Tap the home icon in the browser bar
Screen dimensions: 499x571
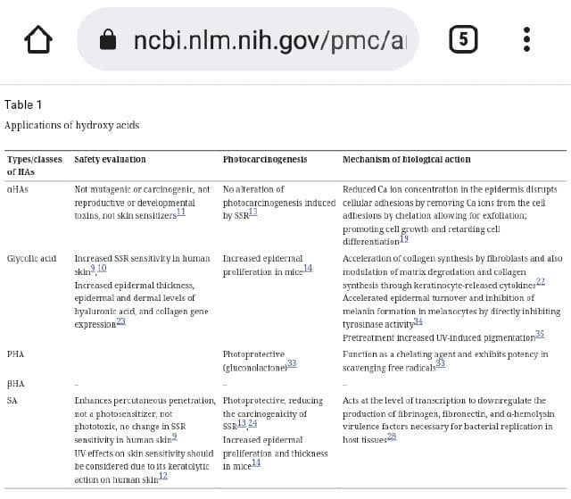pyautogui.click(x=38, y=39)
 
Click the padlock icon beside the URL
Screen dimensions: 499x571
pyautogui.click(x=108, y=39)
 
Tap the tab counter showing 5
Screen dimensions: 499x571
pyautogui.click(x=461, y=39)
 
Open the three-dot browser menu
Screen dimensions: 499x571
pyautogui.click(x=527, y=39)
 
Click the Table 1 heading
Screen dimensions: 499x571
pyautogui.click(x=23, y=104)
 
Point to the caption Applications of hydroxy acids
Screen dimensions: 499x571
pyautogui.click(x=72, y=126)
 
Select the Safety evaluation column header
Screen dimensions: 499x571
pyautogui.click(x=111, y=160)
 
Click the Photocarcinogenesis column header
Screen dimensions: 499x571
pyautogui.click(x=265, y=160)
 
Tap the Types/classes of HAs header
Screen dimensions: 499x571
pyautogui.click(x=33, y=165)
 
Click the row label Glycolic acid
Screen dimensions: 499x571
pyautogui.click(x=31, y=259)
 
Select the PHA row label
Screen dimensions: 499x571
pyautogui.click(x=15, y=354)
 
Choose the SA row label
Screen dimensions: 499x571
pyautogui.click(x=12, y=402)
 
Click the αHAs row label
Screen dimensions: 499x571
pyautogui.click(x=18, y=189)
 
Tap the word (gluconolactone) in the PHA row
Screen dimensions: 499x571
pyautogui.click(x=253, y=367)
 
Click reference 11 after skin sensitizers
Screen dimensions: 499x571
pyautogui.click(x=181, y=212)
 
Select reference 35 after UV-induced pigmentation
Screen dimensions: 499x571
pyautogui.click(x=539, y=334)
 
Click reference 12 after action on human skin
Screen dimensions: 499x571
pyautogui.click(x=162, y=478)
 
